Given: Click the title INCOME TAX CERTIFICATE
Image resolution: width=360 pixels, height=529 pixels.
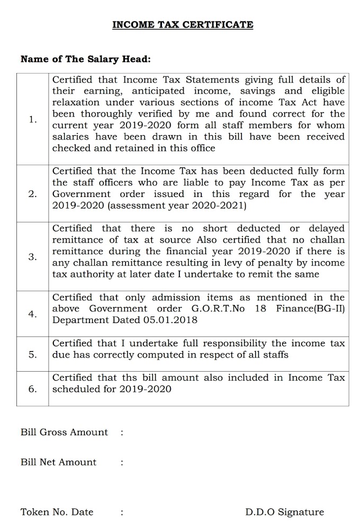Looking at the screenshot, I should tap(183, 24).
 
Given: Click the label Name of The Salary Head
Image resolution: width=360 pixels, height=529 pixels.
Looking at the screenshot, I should tap(86, 59).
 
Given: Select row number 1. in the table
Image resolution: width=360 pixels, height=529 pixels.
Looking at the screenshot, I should tap(33, 120).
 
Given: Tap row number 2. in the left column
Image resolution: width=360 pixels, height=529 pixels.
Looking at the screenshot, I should tap(33, 194).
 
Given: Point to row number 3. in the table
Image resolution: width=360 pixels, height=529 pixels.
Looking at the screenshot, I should tap(33, 257).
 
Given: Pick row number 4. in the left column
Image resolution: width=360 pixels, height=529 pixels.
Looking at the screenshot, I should tap(33, 314).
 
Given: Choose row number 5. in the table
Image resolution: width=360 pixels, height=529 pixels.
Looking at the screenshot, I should tap(33, 354).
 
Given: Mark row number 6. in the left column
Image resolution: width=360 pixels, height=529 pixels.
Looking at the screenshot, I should tap(33, 389).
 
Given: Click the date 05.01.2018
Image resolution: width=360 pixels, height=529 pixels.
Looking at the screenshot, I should tap(170, 320).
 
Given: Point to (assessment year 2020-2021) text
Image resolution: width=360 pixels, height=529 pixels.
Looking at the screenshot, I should tap(177, 205).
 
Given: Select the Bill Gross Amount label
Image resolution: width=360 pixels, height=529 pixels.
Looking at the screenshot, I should tap(64, 432).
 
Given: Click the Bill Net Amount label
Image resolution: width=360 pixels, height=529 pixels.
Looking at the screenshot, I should tap(58, 462).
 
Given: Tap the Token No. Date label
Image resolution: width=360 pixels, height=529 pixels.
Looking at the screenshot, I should tap(57, 512).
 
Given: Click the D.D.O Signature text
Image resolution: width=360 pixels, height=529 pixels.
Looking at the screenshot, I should tap(284, 512).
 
